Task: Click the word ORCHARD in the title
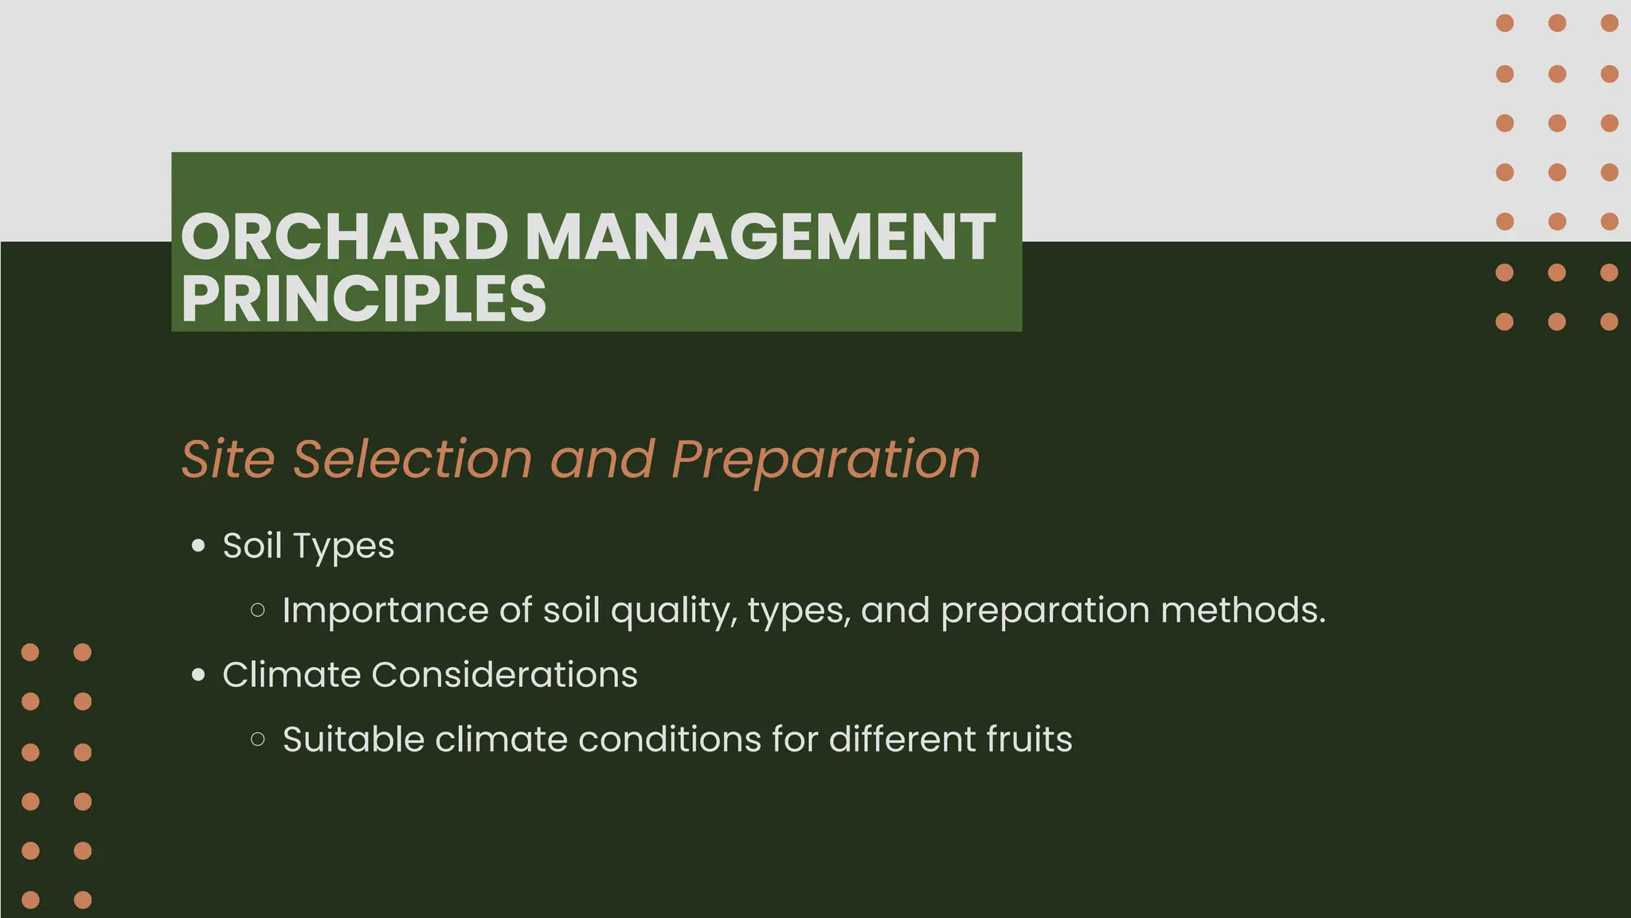point(344,237)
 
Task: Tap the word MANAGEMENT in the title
point(760,237)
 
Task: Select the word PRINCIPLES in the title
point(363,299)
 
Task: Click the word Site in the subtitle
point(228,460)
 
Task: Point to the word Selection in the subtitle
point(413,460)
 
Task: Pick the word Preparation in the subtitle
point(825,460)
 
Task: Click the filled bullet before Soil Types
point(198,547)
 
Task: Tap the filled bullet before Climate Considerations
point(198,676)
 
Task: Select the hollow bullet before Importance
point(257,611)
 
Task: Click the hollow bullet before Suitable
point(257,739)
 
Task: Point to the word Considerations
point(504,675)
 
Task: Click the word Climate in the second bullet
point(291,675)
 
